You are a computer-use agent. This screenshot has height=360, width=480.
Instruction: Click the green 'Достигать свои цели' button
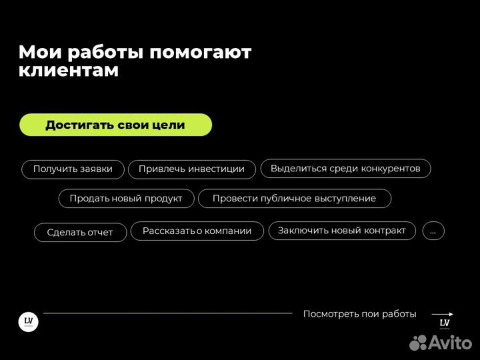115,125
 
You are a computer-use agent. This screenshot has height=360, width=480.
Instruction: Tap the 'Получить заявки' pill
73,169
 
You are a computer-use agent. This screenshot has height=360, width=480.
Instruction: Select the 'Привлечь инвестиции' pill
191,169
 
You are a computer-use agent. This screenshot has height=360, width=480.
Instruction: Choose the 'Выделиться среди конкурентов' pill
345,169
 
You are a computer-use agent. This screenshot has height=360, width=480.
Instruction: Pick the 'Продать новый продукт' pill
126,199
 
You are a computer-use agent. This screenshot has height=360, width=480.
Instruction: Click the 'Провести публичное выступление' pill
294,199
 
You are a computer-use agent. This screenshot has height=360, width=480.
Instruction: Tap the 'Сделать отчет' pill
80,233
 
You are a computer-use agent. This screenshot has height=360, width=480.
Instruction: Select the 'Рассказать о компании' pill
197,231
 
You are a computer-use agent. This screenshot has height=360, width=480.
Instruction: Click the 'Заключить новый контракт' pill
342,231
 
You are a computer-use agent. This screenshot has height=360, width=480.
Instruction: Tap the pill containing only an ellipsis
433,231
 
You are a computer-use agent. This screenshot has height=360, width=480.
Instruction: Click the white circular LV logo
28,322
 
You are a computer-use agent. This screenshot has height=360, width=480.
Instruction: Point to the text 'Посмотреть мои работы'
359,314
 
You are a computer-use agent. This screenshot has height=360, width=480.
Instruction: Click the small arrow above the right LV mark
443,314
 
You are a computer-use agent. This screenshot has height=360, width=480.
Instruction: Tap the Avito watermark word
451,343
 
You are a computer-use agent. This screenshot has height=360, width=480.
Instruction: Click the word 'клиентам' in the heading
69,71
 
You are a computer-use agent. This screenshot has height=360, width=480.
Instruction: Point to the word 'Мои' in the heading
38,53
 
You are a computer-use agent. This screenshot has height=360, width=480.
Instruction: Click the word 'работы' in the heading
105,53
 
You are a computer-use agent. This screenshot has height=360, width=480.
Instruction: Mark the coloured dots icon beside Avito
417,343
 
